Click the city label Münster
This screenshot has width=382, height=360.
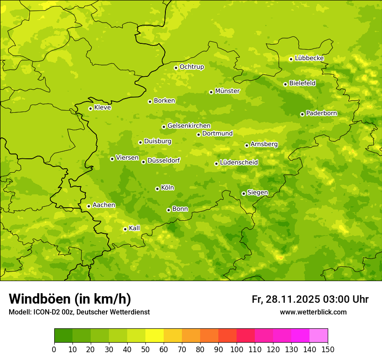(x=227, y=91)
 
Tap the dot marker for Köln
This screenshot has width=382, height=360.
(x=157, y=189)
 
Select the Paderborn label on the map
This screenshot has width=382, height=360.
(x=321, y=113)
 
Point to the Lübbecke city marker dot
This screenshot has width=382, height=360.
(x=291, y=59)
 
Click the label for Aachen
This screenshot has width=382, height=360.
(x=104, y=205)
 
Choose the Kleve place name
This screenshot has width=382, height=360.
(x=102, y=108)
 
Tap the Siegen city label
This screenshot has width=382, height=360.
(x=257, y=193)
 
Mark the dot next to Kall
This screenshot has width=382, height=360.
(x=125, y=229)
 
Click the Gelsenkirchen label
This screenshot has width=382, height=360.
(x=189, y=126)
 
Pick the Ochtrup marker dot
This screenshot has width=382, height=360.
(x=176, y=68)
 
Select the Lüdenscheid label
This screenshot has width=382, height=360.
(x=239, y=163)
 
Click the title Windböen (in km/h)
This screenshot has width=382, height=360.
(x=70, y=299)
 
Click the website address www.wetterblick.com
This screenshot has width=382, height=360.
(x=313, y=312)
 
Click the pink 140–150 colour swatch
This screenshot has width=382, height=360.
(x=319, y=336)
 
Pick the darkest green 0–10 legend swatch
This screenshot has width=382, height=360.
(x=63, y=336)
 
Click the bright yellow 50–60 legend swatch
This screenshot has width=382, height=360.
(x=155, y=336)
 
